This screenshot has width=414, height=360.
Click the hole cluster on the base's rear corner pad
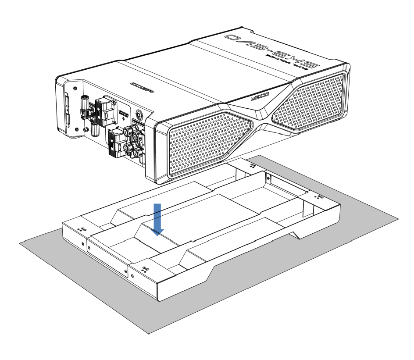coord(253,166)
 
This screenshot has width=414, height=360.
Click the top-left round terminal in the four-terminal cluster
coord(129,130)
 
